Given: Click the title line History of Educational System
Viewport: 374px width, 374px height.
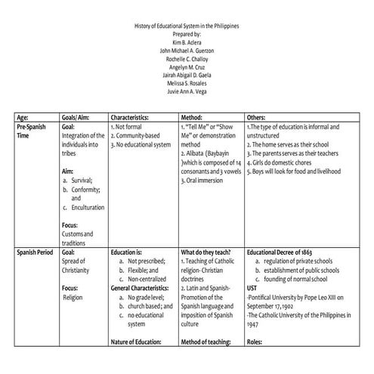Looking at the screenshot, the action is point(187,26).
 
